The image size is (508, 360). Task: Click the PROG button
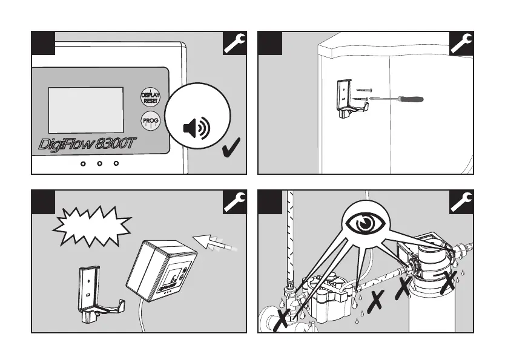(150, 120)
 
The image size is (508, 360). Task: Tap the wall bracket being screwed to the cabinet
(346, 97)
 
